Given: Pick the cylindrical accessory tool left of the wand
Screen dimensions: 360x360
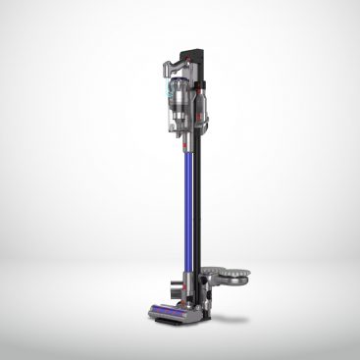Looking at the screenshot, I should (x=174, y=287).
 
